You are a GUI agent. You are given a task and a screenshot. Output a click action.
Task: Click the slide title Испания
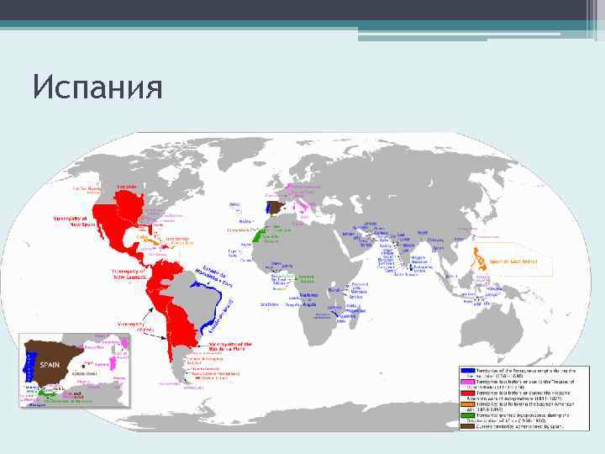(97, 87)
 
